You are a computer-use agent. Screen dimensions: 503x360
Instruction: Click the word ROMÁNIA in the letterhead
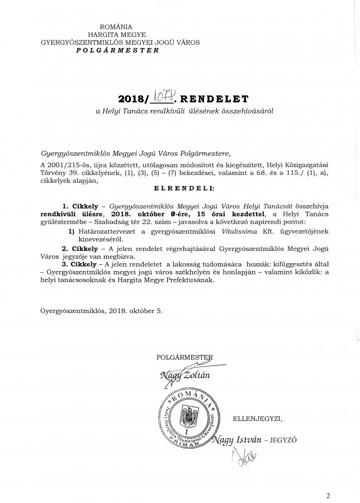[116, 27]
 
